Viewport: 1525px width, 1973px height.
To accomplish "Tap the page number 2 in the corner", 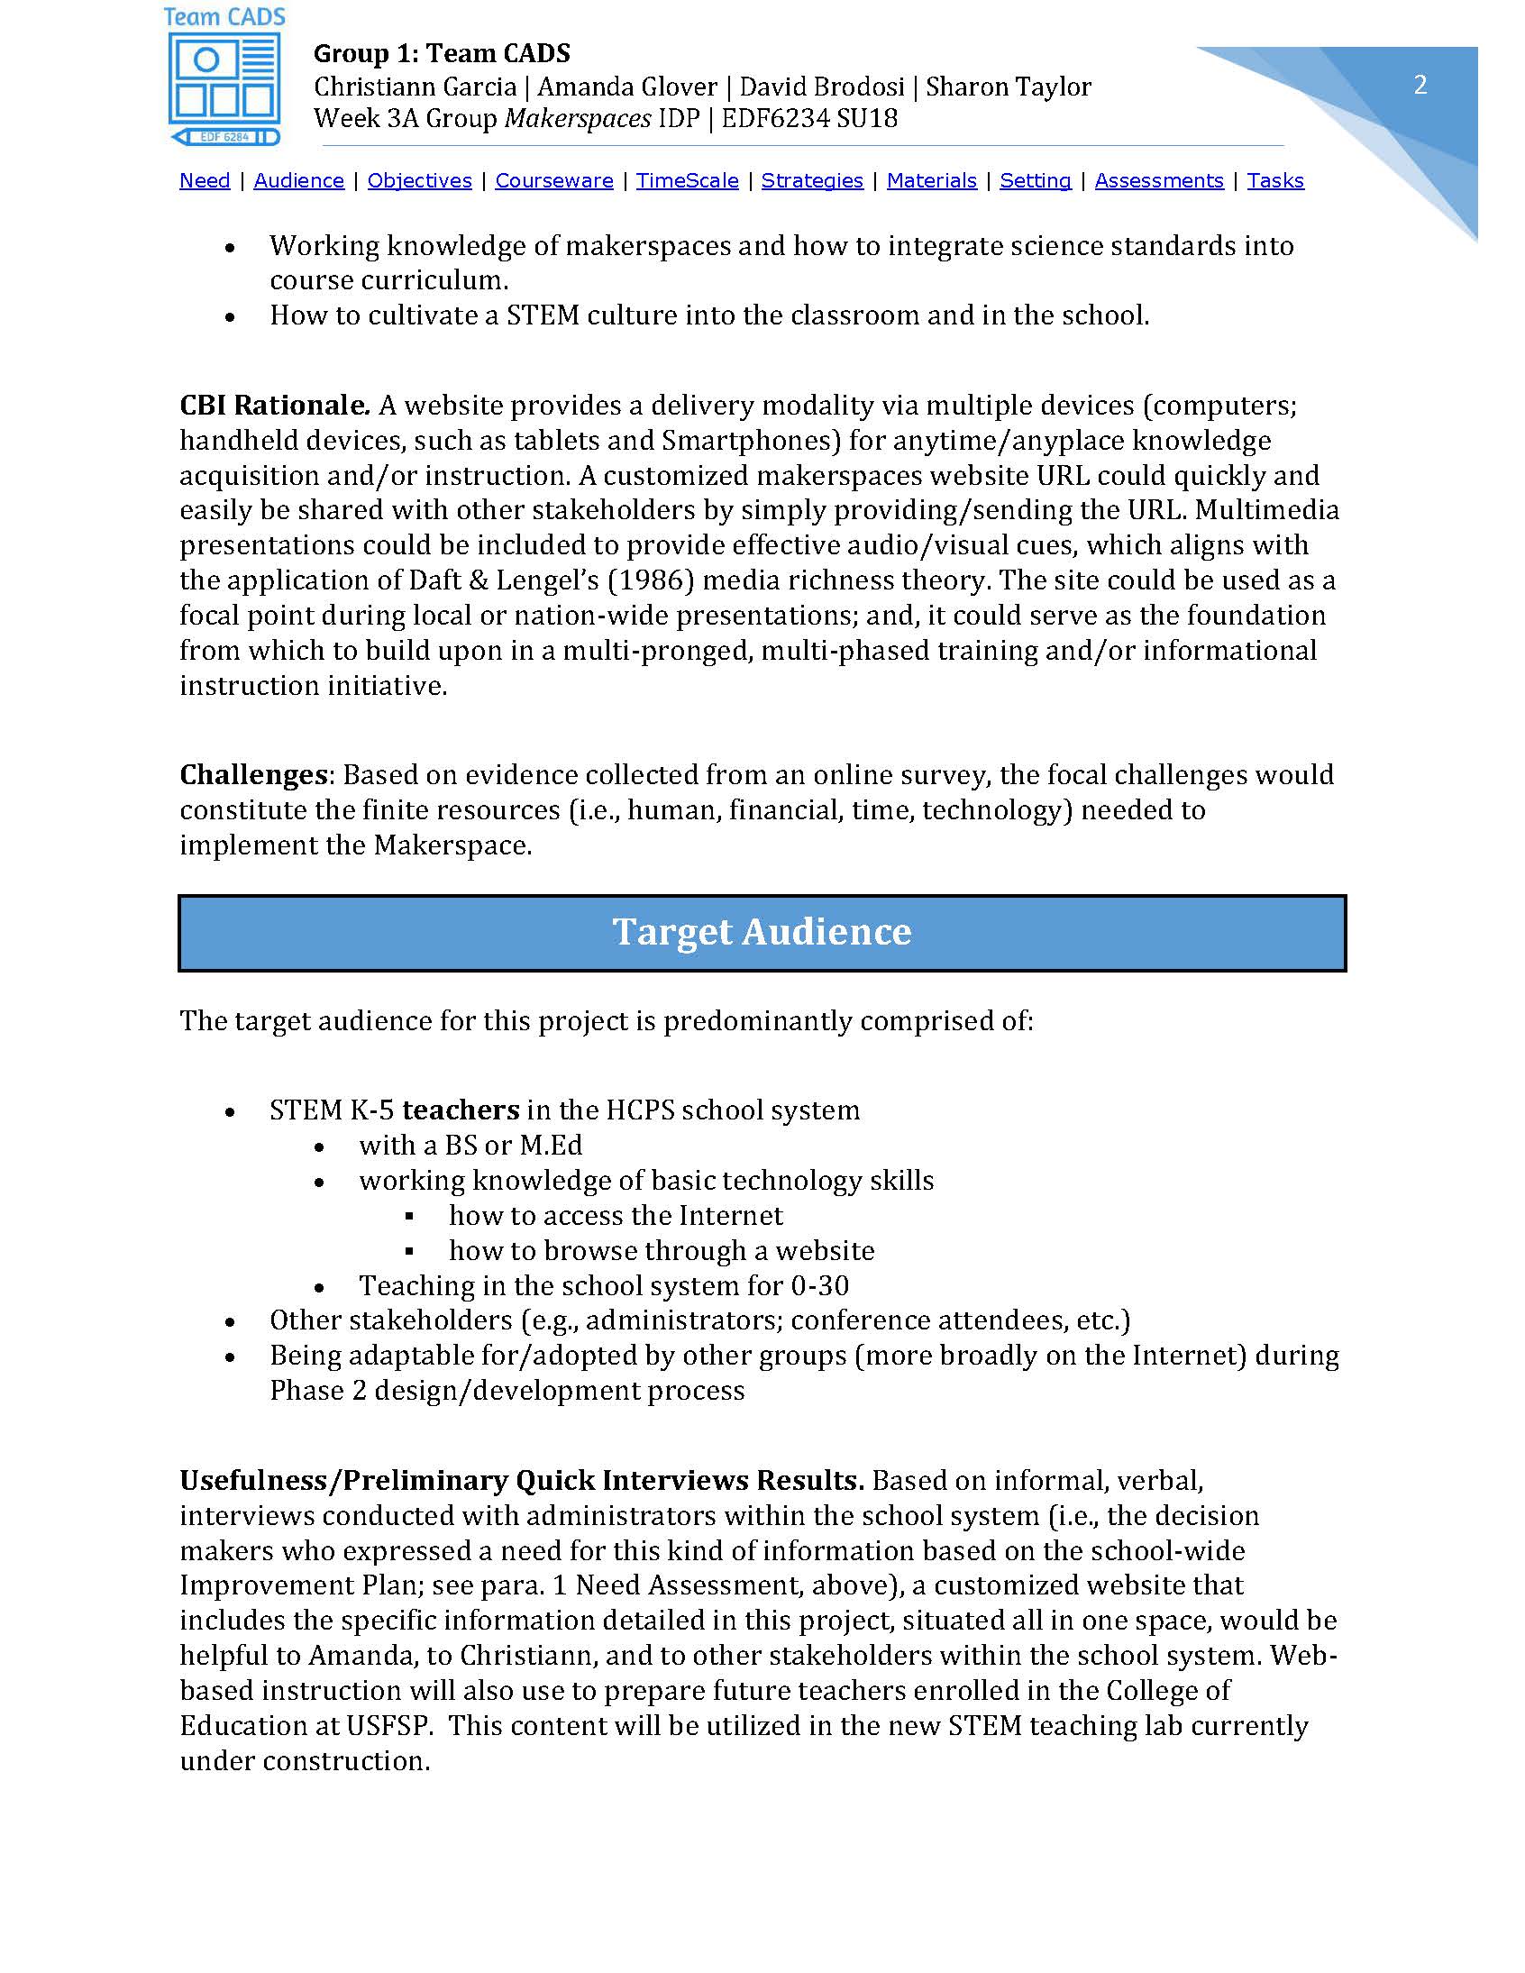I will tap(1420, 85).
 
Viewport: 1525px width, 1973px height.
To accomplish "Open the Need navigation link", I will tap(205, 180).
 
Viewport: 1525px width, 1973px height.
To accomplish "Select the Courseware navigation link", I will tap(553, 180).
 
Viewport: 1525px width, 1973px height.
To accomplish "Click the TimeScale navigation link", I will tap(687, 180).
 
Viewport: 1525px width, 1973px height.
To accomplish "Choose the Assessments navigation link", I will tap(1158, 180).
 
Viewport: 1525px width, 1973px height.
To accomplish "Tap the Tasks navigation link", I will tap(1274, 180).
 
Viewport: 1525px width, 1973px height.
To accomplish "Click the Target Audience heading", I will tap(762, 932).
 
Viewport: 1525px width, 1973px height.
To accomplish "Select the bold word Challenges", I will tap(253, 775).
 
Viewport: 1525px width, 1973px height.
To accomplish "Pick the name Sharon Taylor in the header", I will tap(1009, 87).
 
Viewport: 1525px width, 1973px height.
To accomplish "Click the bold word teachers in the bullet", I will tap(461, 1110).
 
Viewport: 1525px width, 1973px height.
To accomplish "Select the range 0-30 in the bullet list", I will tap(818, 1285).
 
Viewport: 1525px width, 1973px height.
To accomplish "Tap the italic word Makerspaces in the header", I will tap(578, 118).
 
